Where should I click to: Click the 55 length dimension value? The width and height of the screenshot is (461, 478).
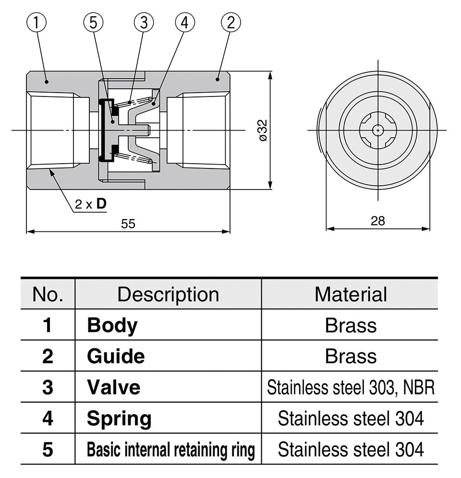point(128,224)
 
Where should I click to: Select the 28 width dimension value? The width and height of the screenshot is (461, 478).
point(378,221)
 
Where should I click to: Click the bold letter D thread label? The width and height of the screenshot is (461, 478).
point(101,204)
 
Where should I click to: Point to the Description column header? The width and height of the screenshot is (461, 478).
point(168,294)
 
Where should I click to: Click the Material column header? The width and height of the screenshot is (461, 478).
point(351,294)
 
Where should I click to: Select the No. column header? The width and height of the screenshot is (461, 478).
point(48,294)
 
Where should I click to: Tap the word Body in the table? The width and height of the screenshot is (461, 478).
point(112,325)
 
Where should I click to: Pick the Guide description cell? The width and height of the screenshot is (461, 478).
point(116,356)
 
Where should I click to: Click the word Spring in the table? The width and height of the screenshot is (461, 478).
point(119,418)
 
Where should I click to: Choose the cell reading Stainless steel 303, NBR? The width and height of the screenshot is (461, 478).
point(351,387)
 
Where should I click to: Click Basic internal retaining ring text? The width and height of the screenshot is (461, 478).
point(170,450)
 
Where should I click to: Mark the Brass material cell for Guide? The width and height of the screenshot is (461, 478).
point(351,356)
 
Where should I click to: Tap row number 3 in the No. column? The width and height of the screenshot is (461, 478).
point(48,387)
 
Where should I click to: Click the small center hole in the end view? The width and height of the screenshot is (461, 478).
point(378,130)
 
